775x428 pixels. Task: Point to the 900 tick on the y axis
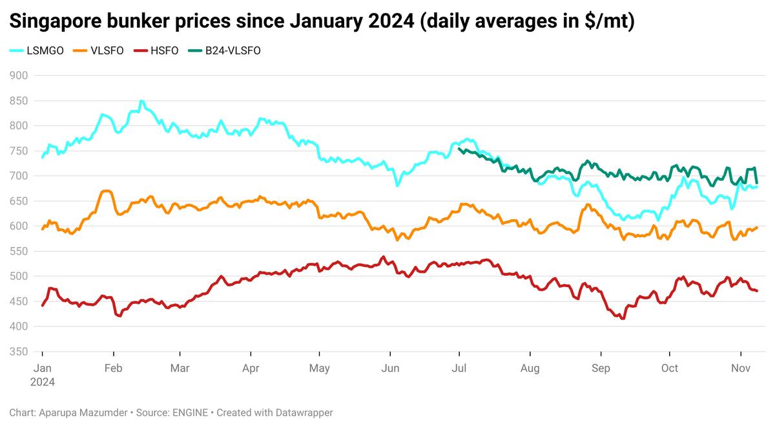click(20, 76)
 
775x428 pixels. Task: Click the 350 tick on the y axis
click(20, 352)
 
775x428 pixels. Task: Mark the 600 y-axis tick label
click(20, 226)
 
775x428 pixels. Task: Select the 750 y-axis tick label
click(20, 151)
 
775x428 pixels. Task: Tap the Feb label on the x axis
click(114, 369)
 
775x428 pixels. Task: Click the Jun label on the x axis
click(390, 369)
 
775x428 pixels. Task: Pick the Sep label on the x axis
click(601, 369)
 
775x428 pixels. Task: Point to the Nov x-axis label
click(740, 369)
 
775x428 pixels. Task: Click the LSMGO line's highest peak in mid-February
click(141, 102)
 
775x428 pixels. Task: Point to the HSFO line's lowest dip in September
click(623, 318)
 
